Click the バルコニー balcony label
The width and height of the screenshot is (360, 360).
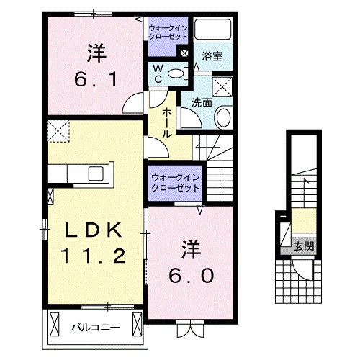[x=94, y=328]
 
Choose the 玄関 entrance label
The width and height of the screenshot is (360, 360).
[x=303, y=246]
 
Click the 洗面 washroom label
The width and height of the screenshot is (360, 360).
[x=201, y=102]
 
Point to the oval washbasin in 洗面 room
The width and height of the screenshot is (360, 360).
[x=223, y=117]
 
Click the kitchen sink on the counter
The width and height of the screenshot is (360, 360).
[x=96, y=174]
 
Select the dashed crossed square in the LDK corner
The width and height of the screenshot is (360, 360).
[x=56, y=131]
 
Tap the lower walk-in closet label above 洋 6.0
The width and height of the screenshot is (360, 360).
[x=175, y=182]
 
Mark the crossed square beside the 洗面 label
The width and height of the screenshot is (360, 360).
[x=223, y=87]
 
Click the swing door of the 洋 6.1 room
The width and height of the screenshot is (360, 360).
[x=133, y=104]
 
